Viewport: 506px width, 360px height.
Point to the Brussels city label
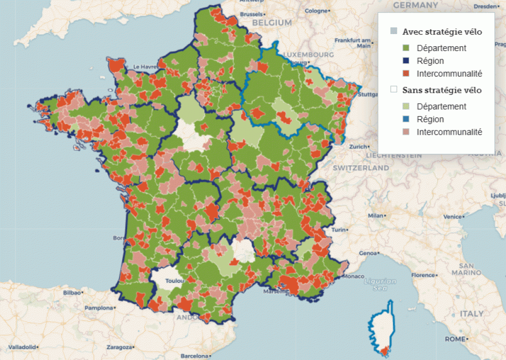(x=251, y=14)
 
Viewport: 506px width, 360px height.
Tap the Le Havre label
(x=144, y=67)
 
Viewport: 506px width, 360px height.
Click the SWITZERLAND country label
(x=361, y=168)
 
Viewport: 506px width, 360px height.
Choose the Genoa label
(x=367, y=253)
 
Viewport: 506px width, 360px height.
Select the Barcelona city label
(x=194, y=356)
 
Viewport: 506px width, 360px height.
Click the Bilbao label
(x=72, y=293)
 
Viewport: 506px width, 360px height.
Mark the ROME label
(x=455, y=339)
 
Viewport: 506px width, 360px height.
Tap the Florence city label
(x=424, y=275)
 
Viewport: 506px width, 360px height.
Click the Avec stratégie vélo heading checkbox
(x=394, y=32)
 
